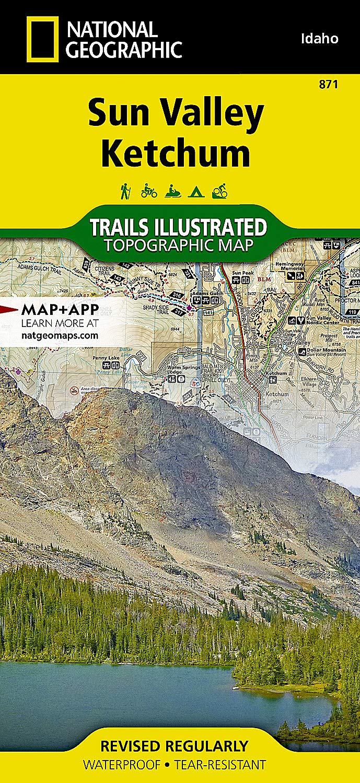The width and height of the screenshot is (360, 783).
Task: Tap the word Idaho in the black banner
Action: [320, 38]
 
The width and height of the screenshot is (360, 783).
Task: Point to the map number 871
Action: [330, 84]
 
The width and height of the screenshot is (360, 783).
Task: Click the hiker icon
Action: [125, 192]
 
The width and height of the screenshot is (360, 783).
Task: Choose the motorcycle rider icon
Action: [149, 192]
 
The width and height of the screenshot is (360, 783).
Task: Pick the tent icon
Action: [196, 192]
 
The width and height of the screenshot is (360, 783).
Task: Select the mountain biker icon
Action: [220, 192]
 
